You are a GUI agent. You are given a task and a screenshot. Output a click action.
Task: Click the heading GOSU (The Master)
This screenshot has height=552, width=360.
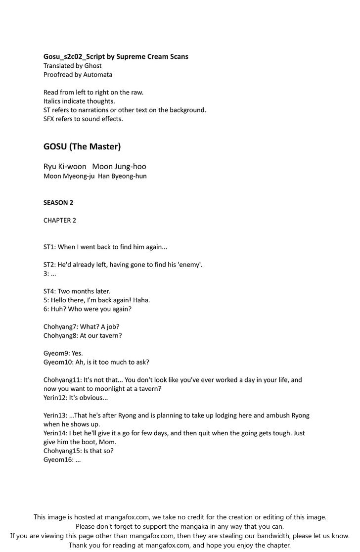pyautogui.click(x=82, y=147)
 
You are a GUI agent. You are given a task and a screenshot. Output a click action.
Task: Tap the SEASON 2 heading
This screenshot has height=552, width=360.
pyautogui.click(x=58, y=202)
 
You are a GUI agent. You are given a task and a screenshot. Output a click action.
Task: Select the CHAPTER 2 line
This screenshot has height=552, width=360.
pyautogui.click(x=60, y=220)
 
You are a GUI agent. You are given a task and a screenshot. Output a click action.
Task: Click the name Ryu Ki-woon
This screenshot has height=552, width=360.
pyautogui.click(x=65, y=167)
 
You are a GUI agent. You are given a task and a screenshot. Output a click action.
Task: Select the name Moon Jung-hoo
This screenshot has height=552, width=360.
pyautogui.click(x=123, y=167)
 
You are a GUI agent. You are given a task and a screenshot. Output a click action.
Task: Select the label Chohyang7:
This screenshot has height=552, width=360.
pyautogui.click(x=60, y=327)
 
